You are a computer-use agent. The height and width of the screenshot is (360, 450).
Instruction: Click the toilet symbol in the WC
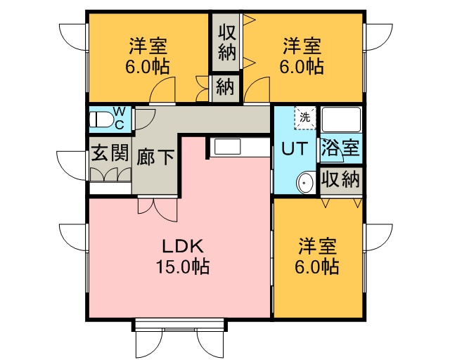tap(101, 119)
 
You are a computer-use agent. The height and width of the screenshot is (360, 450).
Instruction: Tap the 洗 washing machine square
tap(304, 117)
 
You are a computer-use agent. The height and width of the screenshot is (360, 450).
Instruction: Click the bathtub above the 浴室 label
tap(340, 120)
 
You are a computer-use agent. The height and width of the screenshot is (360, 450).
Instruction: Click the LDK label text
tap(183, 246)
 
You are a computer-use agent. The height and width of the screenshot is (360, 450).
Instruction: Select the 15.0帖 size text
tap(183, 266)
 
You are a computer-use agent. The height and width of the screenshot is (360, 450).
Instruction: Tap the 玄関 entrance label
tap(110, 152)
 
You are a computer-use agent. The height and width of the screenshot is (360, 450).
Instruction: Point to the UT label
tap(295, 148)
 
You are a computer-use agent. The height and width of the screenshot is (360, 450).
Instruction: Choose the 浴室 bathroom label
tap(340, 147)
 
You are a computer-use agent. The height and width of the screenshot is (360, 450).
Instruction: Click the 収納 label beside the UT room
tap(340, 179)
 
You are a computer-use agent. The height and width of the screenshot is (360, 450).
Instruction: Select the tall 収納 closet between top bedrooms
tap(226, 42)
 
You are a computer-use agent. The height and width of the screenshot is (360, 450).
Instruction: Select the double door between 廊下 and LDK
tap(157, 210)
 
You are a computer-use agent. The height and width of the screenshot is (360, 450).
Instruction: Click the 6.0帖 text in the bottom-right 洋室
tap(317, 266)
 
